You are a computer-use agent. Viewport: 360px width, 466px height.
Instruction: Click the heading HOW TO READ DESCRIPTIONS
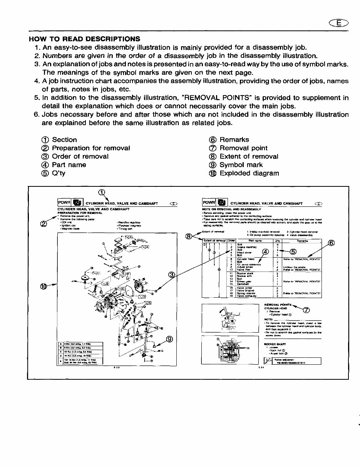coord(85,39)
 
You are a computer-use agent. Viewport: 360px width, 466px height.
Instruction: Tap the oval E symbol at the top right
coord(338,23)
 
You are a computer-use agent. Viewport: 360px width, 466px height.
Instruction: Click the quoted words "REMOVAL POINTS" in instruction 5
coord(212,98)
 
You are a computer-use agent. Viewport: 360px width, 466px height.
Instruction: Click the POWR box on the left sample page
coord(64,203)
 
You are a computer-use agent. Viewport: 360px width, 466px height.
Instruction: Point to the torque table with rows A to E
coord(80,353)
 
